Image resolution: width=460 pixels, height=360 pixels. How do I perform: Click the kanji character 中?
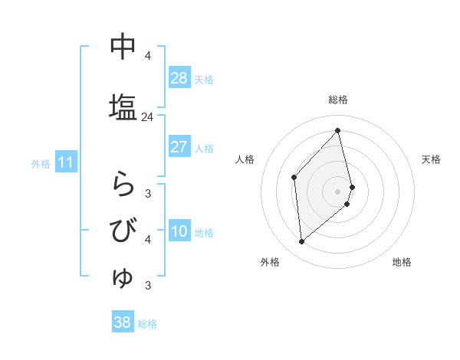click(x=123, y=47)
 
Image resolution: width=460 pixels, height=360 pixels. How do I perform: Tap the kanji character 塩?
click(x=123, y=106)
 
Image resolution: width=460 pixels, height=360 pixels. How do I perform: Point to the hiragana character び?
click(x=123, y=231)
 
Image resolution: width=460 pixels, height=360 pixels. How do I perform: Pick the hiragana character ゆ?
click(x=123, y=277)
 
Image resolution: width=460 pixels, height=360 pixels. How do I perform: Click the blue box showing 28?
click(x=179, y=78)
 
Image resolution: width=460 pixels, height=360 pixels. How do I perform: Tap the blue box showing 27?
click(x=179, y=147)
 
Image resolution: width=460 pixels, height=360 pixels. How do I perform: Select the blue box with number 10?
click(x=179, y=231)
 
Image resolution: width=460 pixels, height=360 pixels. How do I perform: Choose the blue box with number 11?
click(x=66, y=162)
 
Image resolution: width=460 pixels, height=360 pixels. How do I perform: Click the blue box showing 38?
click(x=123, y=322)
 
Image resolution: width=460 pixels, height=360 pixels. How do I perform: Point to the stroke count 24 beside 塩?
click(x=148, y=117)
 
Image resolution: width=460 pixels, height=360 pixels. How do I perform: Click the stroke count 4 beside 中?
click(x=148, y=56)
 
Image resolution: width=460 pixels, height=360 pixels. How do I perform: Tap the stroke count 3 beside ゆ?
click(x=148, y=286)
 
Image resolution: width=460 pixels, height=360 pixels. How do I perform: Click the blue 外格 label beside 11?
click(x=41, y=163)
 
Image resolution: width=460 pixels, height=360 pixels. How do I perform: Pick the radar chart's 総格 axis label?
click(x=338, y=100)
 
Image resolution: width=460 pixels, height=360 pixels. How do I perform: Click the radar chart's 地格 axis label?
click(x=402, y=262)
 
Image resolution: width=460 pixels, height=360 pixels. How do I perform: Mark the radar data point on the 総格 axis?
click(x=338, y=131)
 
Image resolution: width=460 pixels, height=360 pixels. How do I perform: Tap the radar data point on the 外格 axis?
click(x=302, y=241)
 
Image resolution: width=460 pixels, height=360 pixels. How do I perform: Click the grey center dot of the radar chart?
click(x=338, y=191)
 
